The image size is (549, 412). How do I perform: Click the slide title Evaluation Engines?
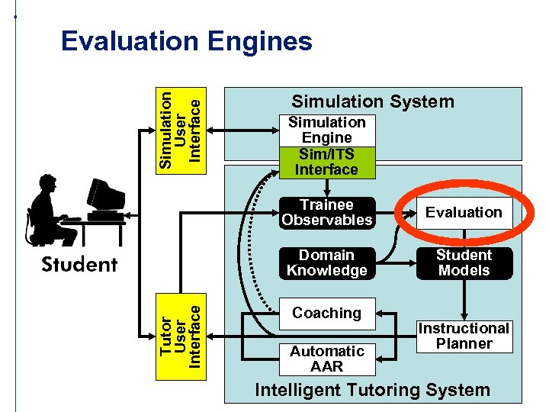click(x=186, y=41)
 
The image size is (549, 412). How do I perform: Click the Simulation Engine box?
click(x=327, y=130)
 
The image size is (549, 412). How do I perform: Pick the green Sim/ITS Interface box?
click(x=327, y=162)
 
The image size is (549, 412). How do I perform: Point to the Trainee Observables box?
click(x=327, y=213)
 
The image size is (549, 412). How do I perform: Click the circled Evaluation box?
click(x=464, y=213)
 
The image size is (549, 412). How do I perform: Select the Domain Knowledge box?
click(x=327, y=263)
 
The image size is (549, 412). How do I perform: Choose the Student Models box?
click(x=464, y=263)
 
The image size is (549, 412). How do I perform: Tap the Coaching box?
click(x=327, y=314)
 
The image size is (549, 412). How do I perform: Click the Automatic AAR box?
click(x=327, y=359)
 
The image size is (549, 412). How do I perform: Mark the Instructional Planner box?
click(x=464, y=336)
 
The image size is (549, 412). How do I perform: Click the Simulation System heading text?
click(x=373, y=101)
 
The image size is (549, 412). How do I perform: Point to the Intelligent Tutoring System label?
click(x=372, y=391)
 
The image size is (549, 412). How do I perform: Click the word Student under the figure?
click(x=79, y=265)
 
